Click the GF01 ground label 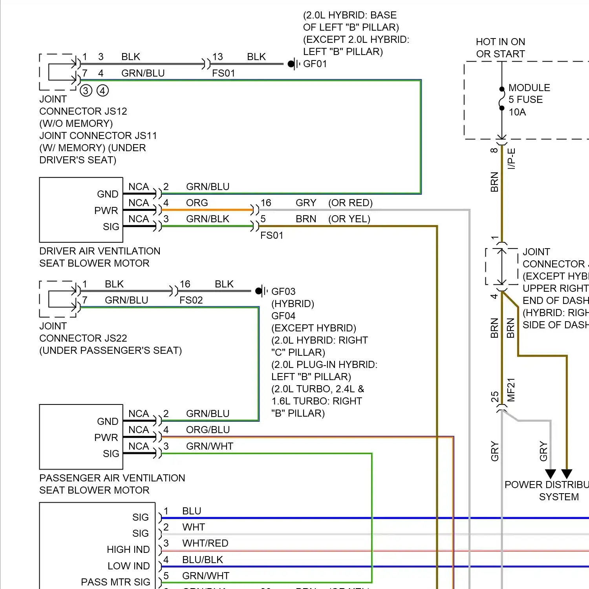click(315, 64)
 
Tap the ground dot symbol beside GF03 click(258, 291)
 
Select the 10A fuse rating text click(517, 112)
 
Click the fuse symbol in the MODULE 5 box click(501, 98)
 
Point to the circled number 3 click(86, 91)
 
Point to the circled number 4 click(102, 91)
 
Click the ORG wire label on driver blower click(197, 203)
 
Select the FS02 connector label click(191, 300)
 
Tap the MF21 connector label click(511, 390)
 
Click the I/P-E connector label click(511, 159)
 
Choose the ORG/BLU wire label click(208, 430)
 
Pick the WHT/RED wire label click(205, 543)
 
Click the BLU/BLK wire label click(202, 560)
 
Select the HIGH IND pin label click(128, 549)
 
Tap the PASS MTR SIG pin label click(115, 582)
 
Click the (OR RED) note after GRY click(350, 203)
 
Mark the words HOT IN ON click(500, 42)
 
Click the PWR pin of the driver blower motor click(106, 210)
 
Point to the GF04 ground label click(283, 316)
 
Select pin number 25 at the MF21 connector click(495, 397)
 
